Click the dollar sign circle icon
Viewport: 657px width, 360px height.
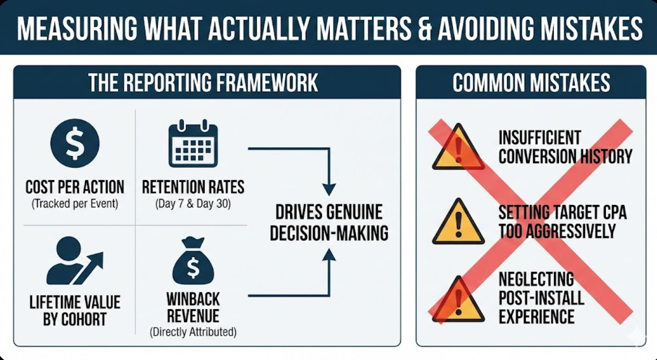pyautogui.click(x=75, y=143)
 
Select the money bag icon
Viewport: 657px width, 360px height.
pyautogui.click(x=193, y=262)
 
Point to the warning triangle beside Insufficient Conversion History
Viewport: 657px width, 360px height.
pyautogui.click(x=458, y=147)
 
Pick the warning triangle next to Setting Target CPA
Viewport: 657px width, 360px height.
pyautogui.click(x=458, y=222)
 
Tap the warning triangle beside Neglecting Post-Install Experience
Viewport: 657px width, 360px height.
pyautogui.click(x=458, y=300)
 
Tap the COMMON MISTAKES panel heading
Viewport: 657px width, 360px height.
pyautogui.click(x=531, y=83)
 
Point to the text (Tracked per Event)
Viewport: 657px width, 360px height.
pyautogui.click(x=75, y=204)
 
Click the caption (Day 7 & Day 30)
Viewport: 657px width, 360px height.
pyautogui.click(x=193, y=204)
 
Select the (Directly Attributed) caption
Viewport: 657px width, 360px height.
pyautogui.click(x=193, y=331)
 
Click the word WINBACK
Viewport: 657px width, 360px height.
pyautogui.click(x=193, y=300)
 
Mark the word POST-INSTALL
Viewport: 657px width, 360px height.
pyautogui.click(x=541, y=298)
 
